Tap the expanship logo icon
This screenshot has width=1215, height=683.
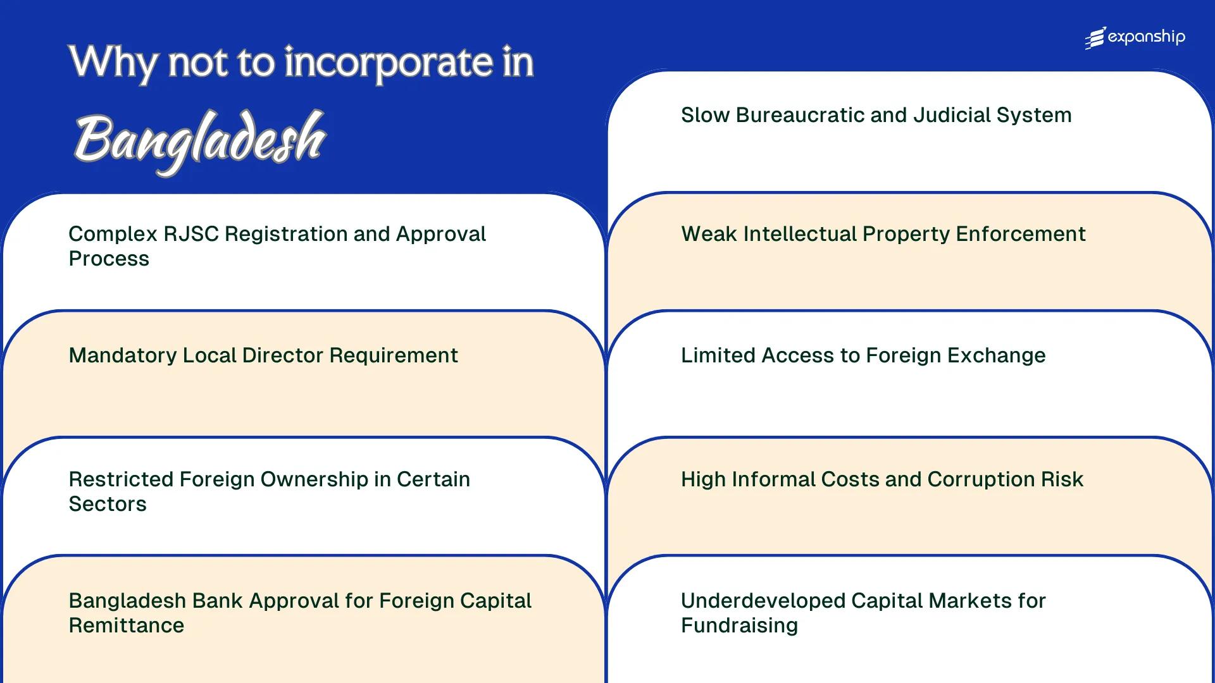[1095, 38]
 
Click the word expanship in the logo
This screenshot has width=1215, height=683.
[1146, 37]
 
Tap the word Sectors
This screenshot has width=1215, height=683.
[108, 504]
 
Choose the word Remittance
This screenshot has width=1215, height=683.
[127, 625]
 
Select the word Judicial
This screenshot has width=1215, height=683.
[952, 115]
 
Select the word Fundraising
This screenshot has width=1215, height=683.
[739, 625]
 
